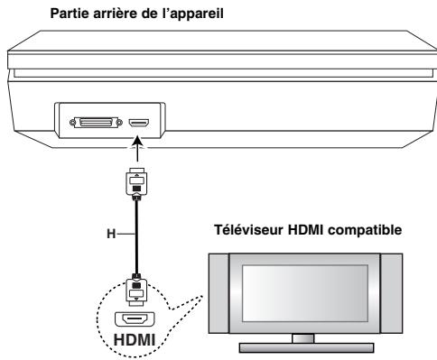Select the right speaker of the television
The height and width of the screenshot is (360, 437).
[400, 290]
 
